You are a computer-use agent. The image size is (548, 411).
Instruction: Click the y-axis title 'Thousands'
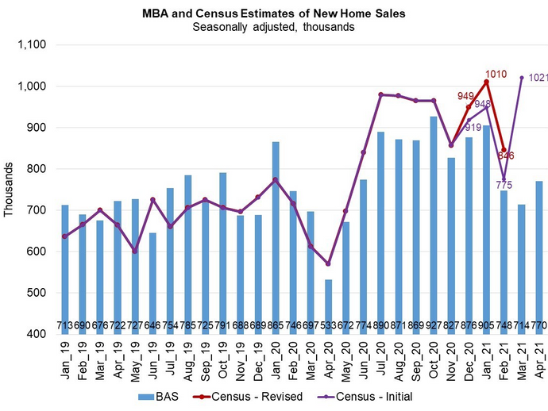pyautogui.click(x=9, y=190)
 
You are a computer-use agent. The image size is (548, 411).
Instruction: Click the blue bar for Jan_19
pyautogui.click(x=64, y=269)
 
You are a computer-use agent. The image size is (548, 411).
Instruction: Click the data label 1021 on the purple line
pyautogui.click(x=537, y=78)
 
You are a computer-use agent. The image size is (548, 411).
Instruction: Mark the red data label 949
pyautogui.click(x=466, y=96)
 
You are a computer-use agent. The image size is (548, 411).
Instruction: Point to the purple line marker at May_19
pyautogui.click(x=135, y=251)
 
